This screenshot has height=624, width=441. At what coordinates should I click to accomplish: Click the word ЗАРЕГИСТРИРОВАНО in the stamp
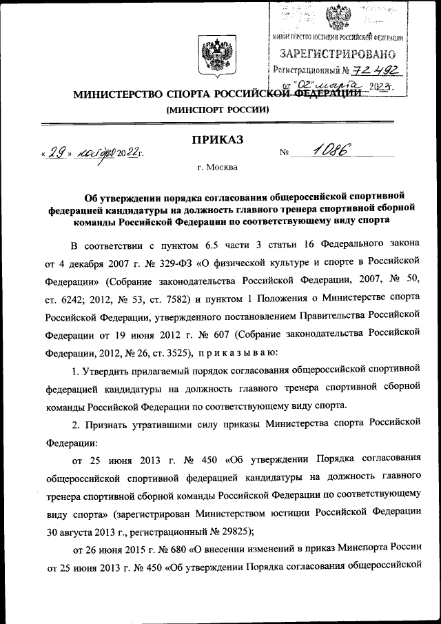tap(337, 54)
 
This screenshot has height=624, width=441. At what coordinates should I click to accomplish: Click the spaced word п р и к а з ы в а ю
tap(234, 352)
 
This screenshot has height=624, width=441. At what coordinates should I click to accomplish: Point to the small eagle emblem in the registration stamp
tap(337, 15)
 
